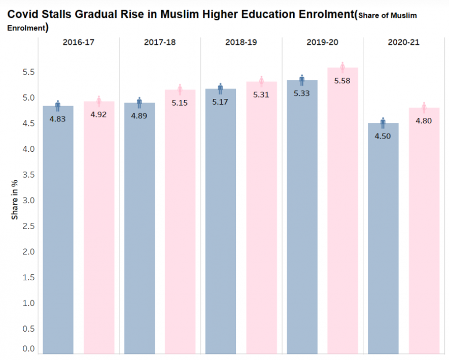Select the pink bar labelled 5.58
pos(342,213)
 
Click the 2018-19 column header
pos(241,42)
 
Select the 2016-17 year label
pos(79,42)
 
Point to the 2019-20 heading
pos(322,42)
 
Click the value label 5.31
pos(261,94)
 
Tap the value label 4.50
pos(383,136)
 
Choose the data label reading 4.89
pos(139,116)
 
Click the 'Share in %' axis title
pos(15,200)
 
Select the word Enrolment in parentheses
pos(25,28)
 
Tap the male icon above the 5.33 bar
pos(302,80)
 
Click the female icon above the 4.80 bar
pos(424,107)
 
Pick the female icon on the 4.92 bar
pos(99,101)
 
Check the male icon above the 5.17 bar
pos(221,88)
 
